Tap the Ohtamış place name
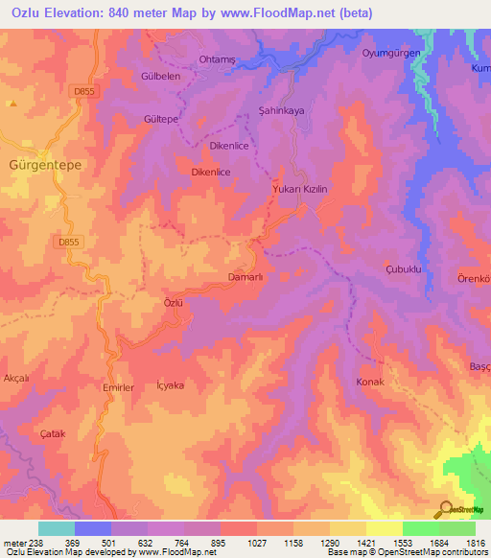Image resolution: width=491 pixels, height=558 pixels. (217, 59)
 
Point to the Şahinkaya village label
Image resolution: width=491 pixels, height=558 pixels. (281, 111)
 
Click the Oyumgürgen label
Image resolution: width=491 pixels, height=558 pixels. (391, 53)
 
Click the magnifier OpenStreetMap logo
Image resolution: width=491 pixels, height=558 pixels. (445, 508)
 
